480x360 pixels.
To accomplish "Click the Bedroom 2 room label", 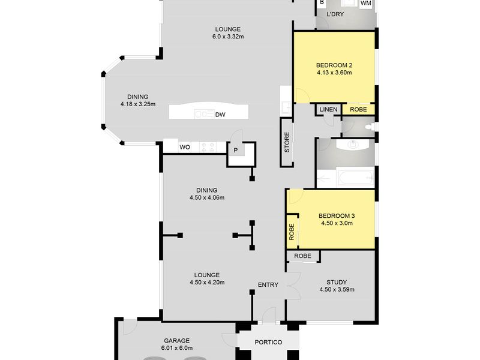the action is [334, 65].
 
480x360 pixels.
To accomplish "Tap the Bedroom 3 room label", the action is [337, 216].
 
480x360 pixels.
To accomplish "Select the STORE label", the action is [287, 142].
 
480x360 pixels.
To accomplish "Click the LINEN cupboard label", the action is [328, 109].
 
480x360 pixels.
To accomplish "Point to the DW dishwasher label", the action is [220, 115].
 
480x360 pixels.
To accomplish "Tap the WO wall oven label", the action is [185, 147].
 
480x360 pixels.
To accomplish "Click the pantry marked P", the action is [236, 151].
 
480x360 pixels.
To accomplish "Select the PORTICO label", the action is [268, 342].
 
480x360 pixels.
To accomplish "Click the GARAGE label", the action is [176, 340].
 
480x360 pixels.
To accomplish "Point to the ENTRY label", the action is [268, 284].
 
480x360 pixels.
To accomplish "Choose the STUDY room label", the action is [337, 282].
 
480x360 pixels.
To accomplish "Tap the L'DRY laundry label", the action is [335, 14].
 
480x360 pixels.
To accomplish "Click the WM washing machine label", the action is [366, 3].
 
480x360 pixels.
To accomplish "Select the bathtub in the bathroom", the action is [355, 177].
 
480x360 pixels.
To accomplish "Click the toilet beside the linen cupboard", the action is [370, 127].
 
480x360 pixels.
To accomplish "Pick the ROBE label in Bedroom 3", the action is [292, 232].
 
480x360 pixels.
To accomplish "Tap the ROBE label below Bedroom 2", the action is [358, 109].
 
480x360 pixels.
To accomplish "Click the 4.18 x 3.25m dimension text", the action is [138, 104].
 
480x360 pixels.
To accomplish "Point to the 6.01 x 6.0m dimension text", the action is [176, 348].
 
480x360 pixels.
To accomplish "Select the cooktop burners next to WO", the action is [208, 147].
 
